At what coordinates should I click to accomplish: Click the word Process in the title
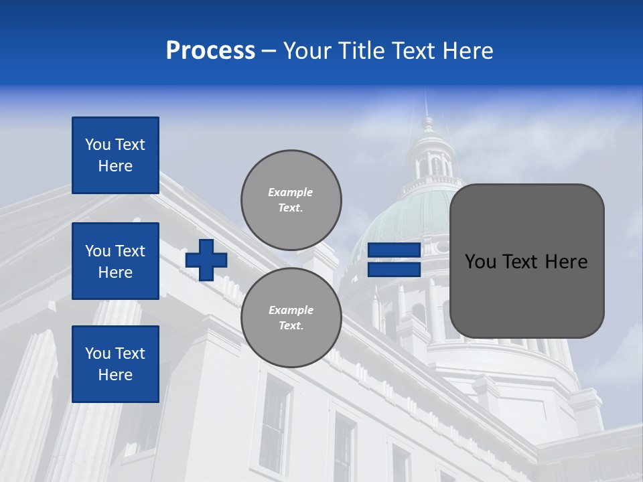(x=210, y=51)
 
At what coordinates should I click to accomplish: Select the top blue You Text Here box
(x=115, y=155)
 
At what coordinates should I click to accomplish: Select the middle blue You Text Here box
(x=115, y=261)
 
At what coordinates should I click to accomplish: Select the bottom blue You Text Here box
(x=115, y=364)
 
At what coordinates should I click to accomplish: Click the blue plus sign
(x=206, y=260)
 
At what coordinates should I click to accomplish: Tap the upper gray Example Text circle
(x=291, y=199)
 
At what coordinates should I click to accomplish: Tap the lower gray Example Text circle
(x=291, y=317)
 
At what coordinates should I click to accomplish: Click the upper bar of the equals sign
(x=394, y=250)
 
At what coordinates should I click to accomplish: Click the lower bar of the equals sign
(x=394, y=269)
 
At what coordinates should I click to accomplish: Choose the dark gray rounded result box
(x=526, y=261)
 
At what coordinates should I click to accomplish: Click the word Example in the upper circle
(x=291, y=192)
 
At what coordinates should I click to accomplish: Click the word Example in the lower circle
(x=291, y=310)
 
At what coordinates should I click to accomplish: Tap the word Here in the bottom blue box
(x=115, y=375)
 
